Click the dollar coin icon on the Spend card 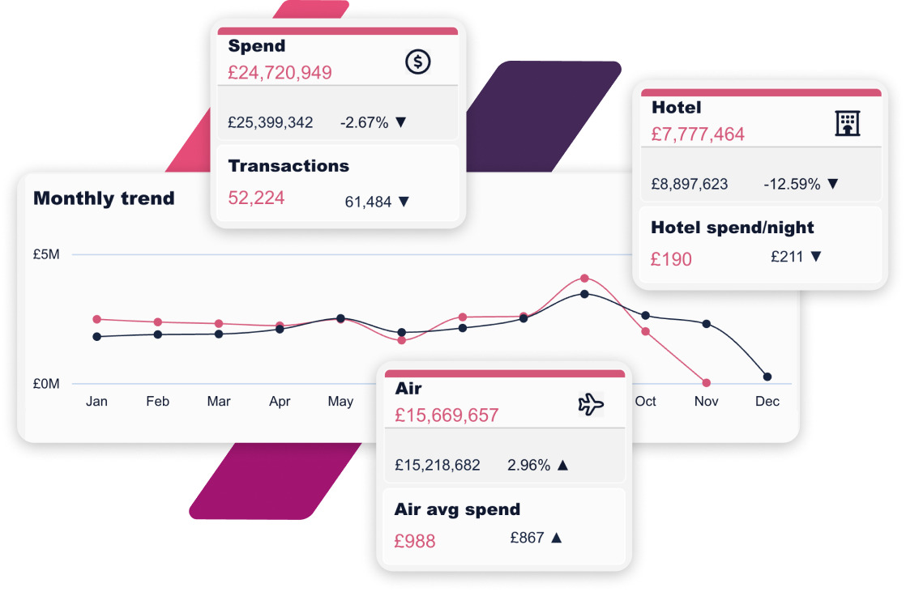418,62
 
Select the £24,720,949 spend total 280,73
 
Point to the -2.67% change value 365,123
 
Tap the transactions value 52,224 256,198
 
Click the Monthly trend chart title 104,198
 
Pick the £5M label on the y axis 46,254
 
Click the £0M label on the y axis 46,384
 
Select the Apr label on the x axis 280,402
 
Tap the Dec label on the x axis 767,402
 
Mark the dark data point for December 767,377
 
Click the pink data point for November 707,383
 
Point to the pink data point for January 97,319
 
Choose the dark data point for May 340,318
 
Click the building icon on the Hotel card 847,123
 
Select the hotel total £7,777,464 698,134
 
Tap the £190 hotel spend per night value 672,260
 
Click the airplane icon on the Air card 591,404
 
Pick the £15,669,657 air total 447,415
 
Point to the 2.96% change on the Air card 529,466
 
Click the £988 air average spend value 415,541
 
